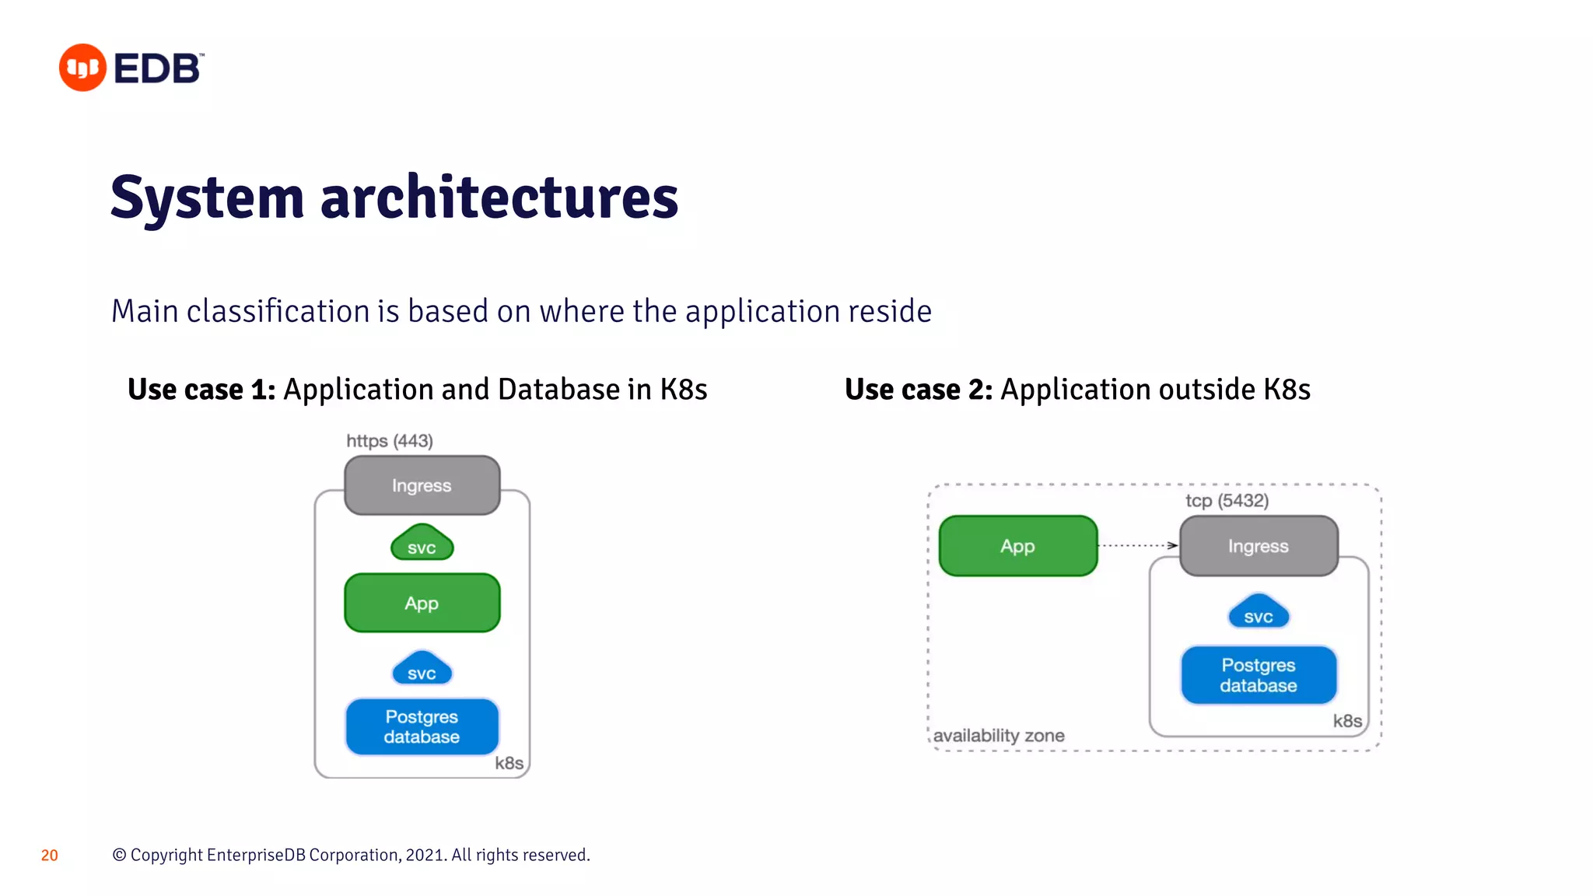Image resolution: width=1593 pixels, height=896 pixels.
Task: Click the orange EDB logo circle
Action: point(82,68)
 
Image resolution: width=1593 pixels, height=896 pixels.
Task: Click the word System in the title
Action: point(206,198)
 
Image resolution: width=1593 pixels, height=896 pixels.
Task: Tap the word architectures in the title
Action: point(499,198)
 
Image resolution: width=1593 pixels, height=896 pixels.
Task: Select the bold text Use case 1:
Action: point(201,389)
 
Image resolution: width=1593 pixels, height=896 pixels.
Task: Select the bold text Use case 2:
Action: point(919,389)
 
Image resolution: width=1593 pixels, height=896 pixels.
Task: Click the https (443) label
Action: point(389,441)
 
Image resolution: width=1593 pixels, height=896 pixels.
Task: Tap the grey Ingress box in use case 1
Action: point(422,485)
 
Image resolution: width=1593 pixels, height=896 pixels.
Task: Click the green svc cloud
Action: point(422,544)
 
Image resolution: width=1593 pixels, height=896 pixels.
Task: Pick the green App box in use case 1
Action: point(422,603)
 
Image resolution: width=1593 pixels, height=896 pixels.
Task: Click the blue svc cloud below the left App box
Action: point(422,670)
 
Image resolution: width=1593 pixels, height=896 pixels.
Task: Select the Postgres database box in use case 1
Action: point(422,726)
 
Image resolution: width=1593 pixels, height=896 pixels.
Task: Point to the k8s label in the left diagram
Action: point(509,763)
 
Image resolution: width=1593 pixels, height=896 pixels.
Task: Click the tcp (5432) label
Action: point(1227,500)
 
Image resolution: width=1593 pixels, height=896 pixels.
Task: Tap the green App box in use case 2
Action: point(1017,546)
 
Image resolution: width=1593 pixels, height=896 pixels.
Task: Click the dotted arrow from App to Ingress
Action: point(1138,545)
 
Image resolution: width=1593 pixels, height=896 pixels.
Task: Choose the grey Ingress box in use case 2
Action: point(1258,546)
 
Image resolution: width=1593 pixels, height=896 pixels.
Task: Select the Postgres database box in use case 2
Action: point(1258,675)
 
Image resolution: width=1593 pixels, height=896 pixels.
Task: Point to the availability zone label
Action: point(999,735)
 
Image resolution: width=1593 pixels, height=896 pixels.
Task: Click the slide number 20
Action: point(49,856)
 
